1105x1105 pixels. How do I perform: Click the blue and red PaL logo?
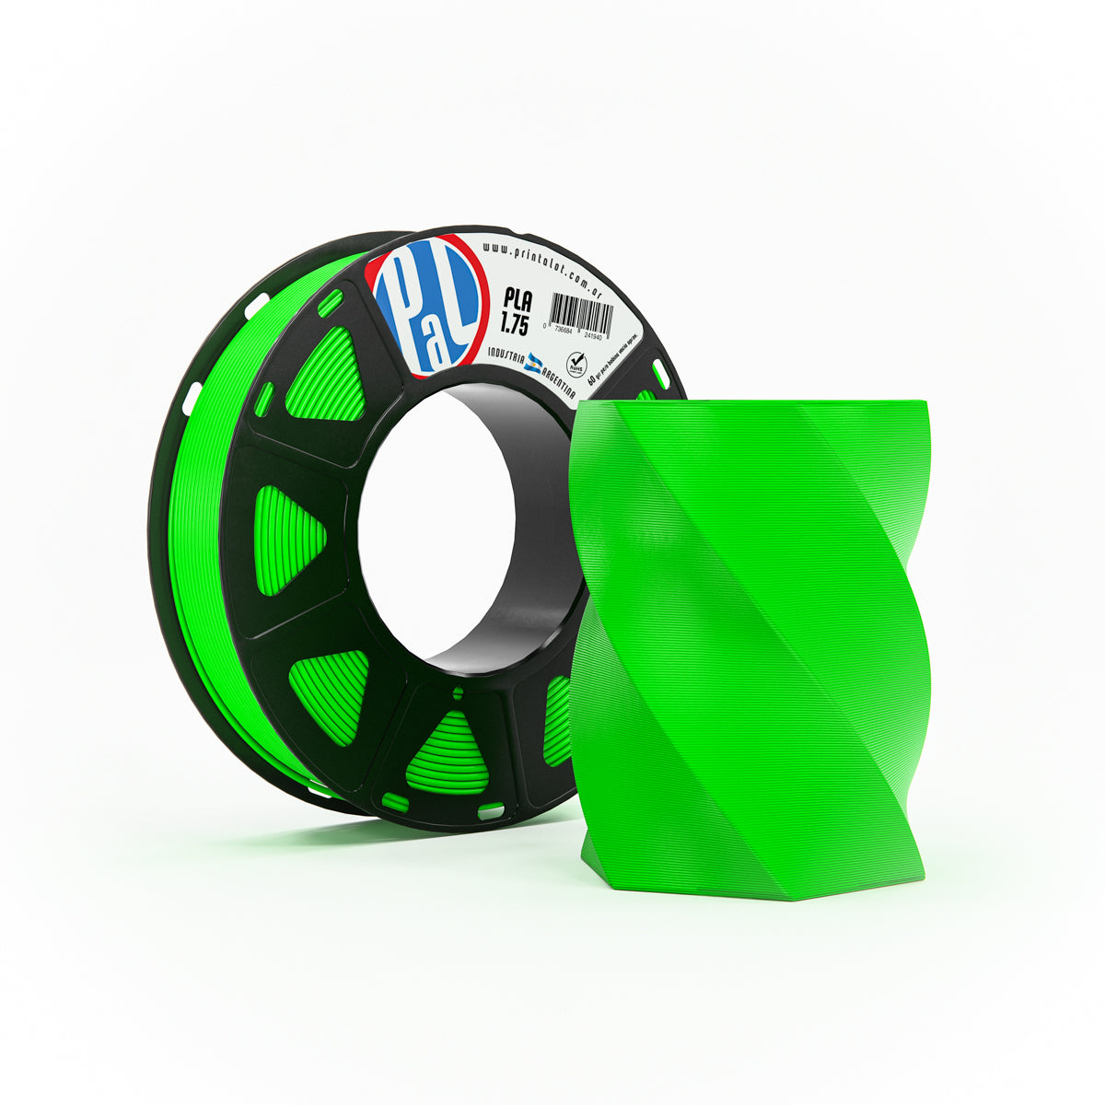click(x=425, y=305)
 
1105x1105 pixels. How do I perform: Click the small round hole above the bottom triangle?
click(x=458, y=694)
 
